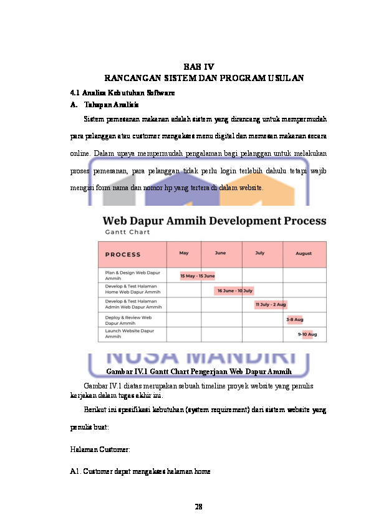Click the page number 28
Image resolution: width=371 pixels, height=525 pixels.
pos(198,506)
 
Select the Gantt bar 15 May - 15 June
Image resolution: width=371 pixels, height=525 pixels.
pos(197,276)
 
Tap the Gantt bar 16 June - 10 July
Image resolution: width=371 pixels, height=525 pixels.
pos(234,291)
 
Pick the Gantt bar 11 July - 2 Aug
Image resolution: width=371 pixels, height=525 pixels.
pos(270,305)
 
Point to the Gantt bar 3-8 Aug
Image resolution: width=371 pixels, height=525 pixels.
pos(294,320)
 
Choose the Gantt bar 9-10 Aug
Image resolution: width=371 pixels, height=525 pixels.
pos(307,334)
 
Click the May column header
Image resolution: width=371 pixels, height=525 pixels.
pos(184,253)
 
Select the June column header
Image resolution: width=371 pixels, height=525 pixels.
pos(220,253)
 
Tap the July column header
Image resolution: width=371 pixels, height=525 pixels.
pos(260,253)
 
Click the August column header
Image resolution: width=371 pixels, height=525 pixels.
pos(304,254)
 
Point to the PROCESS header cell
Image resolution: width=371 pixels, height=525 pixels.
pos(123,254)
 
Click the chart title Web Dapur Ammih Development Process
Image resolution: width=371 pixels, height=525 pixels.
pos(214,221)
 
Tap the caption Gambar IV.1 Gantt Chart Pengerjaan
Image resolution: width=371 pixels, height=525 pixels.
pos(198,373)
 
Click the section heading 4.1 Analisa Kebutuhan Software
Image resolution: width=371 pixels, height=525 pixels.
pos(122,92)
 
